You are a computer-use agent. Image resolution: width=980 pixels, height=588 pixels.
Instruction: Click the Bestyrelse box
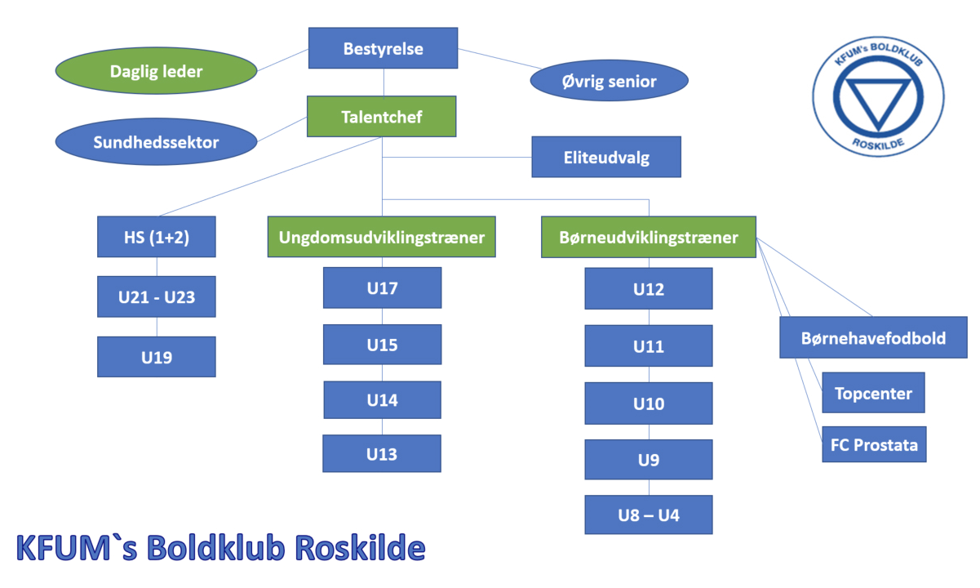[383, 48]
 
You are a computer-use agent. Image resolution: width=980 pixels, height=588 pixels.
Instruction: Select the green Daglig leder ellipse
[156, 71]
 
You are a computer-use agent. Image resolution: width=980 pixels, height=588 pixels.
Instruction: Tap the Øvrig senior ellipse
[609, 82]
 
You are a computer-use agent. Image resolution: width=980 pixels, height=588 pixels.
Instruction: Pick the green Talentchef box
[381, 116]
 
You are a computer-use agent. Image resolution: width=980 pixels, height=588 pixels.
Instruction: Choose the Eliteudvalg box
[606, 157]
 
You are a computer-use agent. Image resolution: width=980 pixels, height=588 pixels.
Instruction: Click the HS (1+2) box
[157, 237]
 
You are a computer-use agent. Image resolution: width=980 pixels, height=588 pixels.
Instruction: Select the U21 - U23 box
[157, 296]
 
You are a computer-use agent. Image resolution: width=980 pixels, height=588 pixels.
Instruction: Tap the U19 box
[157, 356]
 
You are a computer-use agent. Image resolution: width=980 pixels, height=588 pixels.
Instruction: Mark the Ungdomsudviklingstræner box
[382, 237]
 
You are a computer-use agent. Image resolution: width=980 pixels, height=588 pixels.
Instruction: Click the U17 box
[382, 287]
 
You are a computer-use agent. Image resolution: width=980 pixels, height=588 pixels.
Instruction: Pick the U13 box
[382, 453]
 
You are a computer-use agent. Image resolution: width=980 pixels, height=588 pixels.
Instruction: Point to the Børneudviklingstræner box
[649, 237]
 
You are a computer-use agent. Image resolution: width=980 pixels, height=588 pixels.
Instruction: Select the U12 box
[649, 288]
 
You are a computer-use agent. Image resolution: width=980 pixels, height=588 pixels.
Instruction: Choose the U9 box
[649, 459]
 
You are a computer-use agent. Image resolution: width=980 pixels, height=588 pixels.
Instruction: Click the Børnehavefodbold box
[873, 337]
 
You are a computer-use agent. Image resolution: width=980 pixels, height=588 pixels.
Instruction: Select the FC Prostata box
[874, 444]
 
